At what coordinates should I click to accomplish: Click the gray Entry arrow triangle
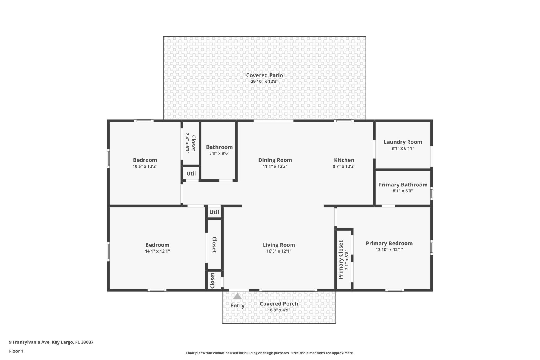pos(237,296)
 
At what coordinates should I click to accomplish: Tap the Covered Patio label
pos(264,75)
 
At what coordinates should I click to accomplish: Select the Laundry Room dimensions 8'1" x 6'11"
pos(403,148)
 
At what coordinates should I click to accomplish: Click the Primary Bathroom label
pos(403,185)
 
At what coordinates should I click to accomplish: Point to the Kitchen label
pos(344,160)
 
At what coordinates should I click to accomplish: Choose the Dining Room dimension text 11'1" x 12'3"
pos(275,166)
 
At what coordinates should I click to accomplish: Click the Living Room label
pos(279,245)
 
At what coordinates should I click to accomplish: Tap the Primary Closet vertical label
pos(341,260)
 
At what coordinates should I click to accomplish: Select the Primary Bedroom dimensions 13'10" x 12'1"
pos(389,249)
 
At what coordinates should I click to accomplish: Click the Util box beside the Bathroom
pos(191,174)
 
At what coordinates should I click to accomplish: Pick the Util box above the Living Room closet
pos(214,212)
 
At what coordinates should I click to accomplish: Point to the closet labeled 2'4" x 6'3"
pos(190,143)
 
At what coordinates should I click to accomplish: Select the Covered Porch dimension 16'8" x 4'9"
pos(279,310)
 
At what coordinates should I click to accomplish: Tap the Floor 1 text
pos(16,351)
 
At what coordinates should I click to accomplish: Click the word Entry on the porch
pos(237,306)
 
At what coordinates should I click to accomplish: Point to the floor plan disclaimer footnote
pos(270,353)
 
